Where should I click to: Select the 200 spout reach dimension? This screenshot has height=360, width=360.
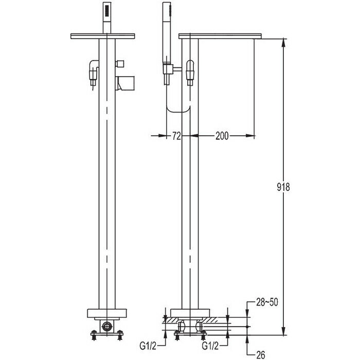click(222, 136)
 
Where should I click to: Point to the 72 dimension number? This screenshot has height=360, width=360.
click(177, 136)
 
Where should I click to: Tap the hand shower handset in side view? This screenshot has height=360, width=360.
click(167, 31)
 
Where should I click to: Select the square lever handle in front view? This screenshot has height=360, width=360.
click(125, 82)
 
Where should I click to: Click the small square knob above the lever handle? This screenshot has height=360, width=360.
click(121, 64)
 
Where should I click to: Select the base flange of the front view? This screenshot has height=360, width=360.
click(107, 313)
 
